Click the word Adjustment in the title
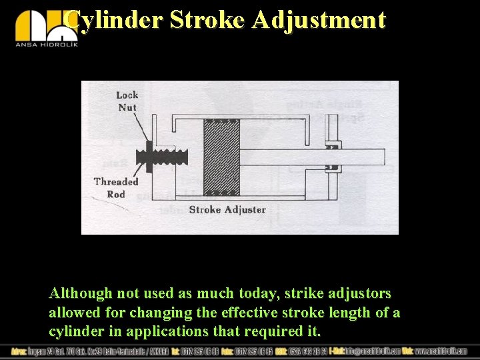(319, 20)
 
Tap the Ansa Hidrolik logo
(47, 28)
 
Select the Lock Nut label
(127, 101)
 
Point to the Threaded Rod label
(116, 187)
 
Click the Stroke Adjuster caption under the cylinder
(227, 209)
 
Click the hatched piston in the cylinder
(221, 157)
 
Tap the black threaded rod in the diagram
(167, 158)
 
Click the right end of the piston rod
(380, 157)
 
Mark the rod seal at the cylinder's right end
(331, 157)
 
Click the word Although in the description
(79, 293)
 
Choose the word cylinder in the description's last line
(74, 331)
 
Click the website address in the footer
(440, 351)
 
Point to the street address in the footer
(87, 351)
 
